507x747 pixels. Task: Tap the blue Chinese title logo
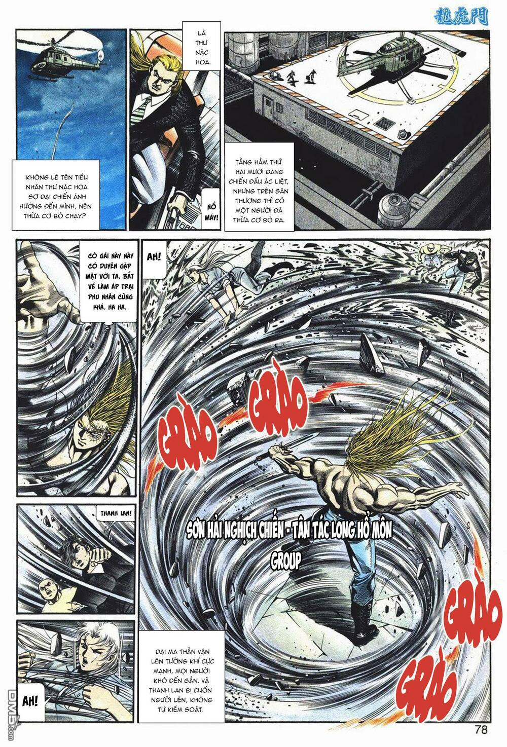(462, 16)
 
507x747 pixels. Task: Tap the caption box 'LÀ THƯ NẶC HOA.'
(201, 46)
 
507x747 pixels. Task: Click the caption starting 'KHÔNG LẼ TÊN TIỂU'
(56, 196)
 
